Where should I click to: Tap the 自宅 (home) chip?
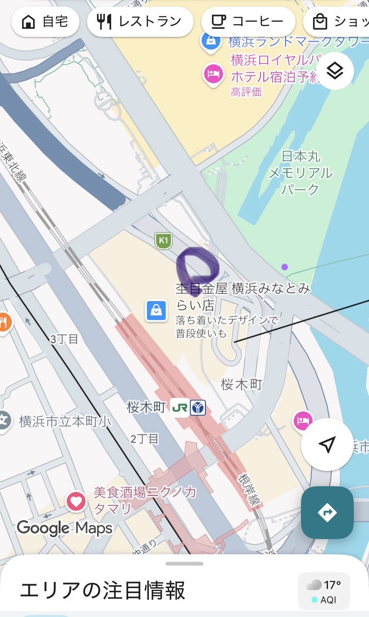45,22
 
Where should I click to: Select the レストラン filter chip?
140,22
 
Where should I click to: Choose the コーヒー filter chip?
248,22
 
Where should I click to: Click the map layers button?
335,71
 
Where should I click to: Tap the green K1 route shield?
164,240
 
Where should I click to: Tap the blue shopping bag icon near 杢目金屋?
155,310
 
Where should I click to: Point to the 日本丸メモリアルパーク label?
301,172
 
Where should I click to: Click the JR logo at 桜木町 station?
179,408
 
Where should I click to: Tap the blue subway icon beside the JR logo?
197,408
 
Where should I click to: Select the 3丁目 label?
64,339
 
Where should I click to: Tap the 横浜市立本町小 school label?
65,421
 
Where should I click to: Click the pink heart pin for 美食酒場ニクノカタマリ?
76,500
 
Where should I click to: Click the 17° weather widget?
324,591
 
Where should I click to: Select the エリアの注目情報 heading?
102,590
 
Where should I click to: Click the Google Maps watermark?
64,527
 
